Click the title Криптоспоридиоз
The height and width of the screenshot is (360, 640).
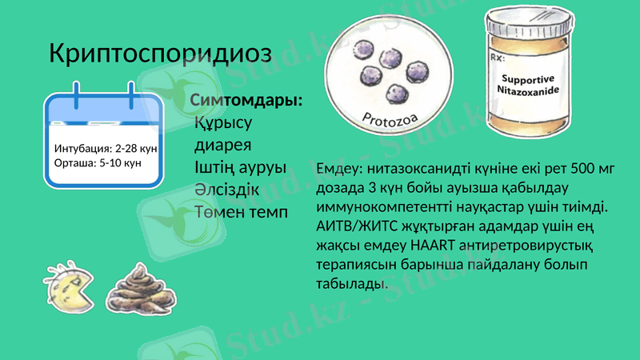click(x=160, y=54)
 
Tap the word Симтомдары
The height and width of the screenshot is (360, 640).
click(x=246, y=102)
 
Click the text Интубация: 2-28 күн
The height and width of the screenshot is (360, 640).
click(x=105, y=149)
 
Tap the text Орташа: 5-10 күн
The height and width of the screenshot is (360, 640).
click(x=97, y=162)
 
